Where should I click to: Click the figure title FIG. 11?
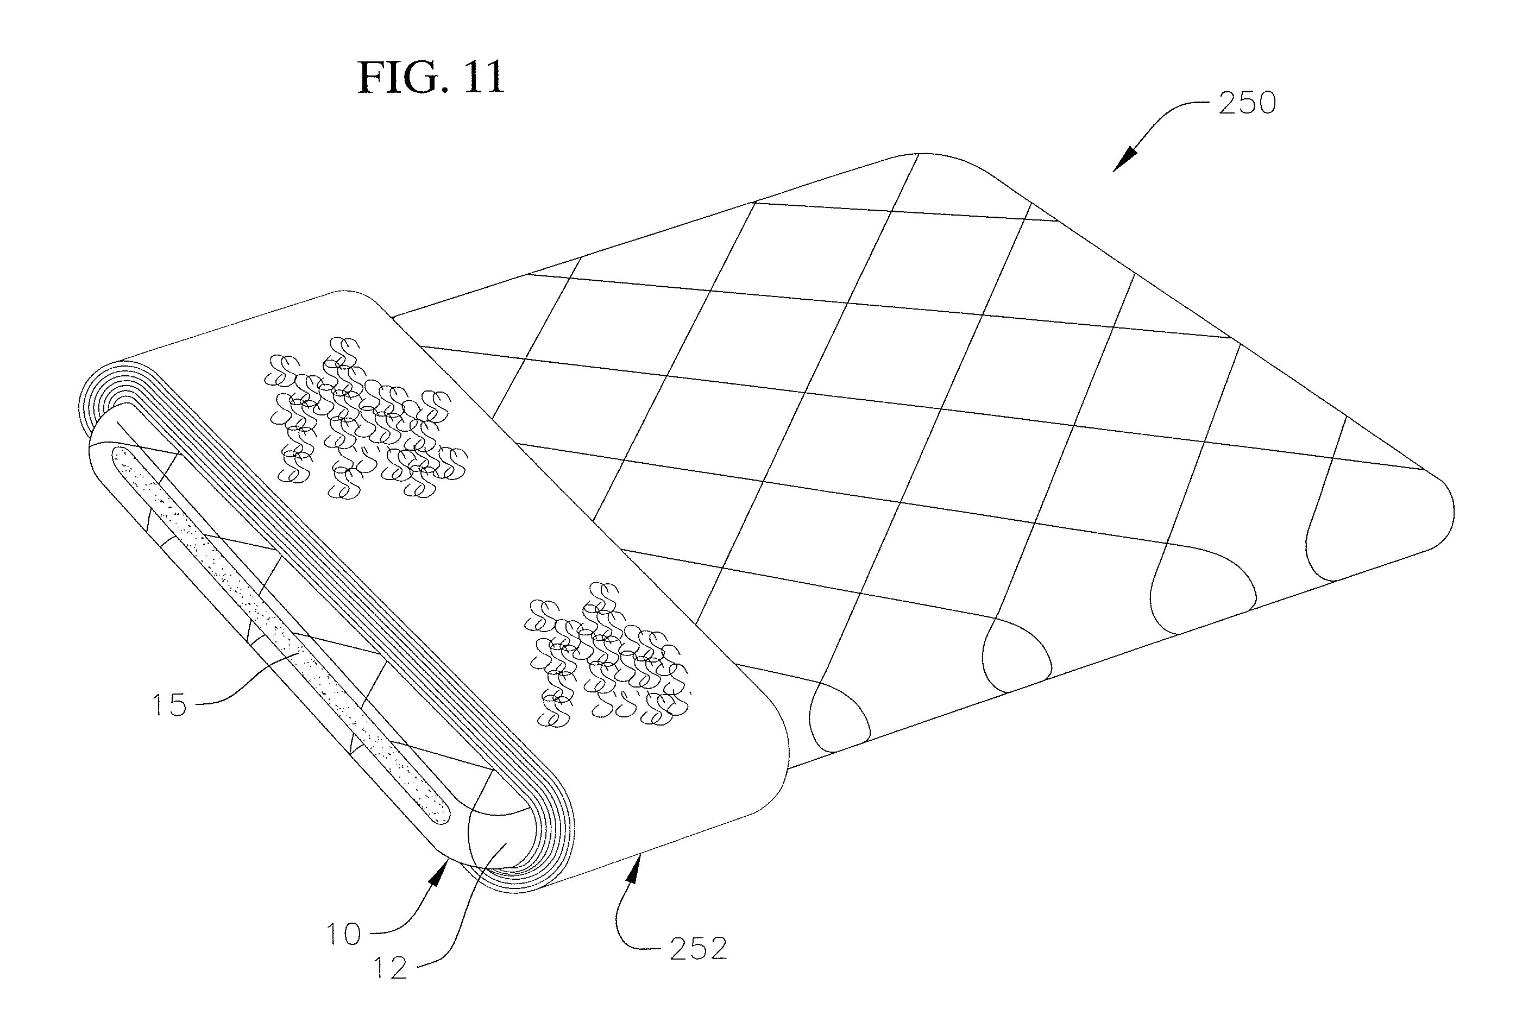coord(431,78)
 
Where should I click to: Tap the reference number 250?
coord(1247,103)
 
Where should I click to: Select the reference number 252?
coord(698,949)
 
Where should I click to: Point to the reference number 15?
coord(169,705)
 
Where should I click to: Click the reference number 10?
coord(343,934)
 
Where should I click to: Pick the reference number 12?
coord(390,969)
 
